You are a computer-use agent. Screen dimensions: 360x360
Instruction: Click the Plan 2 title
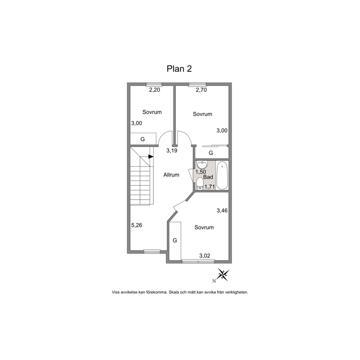[x=179, y=69]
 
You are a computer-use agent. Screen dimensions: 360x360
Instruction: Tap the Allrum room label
[x=171, y=175]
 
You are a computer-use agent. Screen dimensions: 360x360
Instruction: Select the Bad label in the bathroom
[x=208, y=177]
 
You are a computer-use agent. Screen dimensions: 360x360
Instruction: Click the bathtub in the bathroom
[x=222, y=175]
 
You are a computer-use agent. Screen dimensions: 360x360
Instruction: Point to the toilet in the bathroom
[x=200, y=184]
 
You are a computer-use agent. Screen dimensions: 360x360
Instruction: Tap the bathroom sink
[x=202, y=165]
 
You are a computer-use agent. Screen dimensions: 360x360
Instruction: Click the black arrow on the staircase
[x=151, y=156]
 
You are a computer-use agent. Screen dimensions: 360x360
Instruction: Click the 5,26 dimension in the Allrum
[x=136, y=225]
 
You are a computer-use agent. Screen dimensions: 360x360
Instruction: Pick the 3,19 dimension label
[x=172, y=151]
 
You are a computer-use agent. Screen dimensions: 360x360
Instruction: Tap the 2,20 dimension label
[x=155, y=90]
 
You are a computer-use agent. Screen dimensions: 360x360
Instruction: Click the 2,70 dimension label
[x=201, y=90]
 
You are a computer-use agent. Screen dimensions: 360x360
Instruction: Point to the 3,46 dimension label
[x=222, y=210]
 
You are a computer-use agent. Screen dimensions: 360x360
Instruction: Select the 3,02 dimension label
[x=205, y=255]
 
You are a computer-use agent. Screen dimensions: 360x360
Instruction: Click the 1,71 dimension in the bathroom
[x=210, y=187]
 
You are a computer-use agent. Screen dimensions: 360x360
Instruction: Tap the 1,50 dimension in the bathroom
[x=201, y=172]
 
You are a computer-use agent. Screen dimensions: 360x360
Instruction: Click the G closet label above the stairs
[x=143, y=139]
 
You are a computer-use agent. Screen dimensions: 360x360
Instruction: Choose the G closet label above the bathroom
[x=211, y=153]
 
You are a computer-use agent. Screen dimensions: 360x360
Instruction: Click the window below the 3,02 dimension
[x=198, y=261]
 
